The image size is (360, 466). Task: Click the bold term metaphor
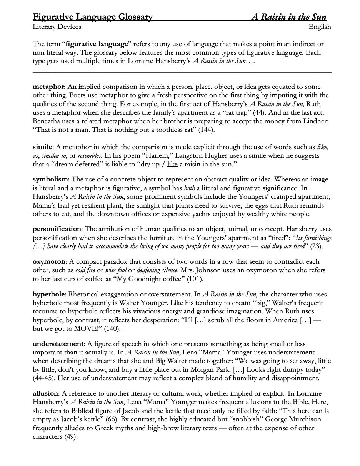tap(48, 87)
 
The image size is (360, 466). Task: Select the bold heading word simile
tap(42, 147)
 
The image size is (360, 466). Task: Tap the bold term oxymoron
tap(48, 261)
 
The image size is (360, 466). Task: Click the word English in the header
tap(320, 27)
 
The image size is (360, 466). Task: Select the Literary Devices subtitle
tap(57, 27)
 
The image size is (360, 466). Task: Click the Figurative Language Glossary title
tap(92, 17)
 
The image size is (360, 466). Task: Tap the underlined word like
tap(173, 165)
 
